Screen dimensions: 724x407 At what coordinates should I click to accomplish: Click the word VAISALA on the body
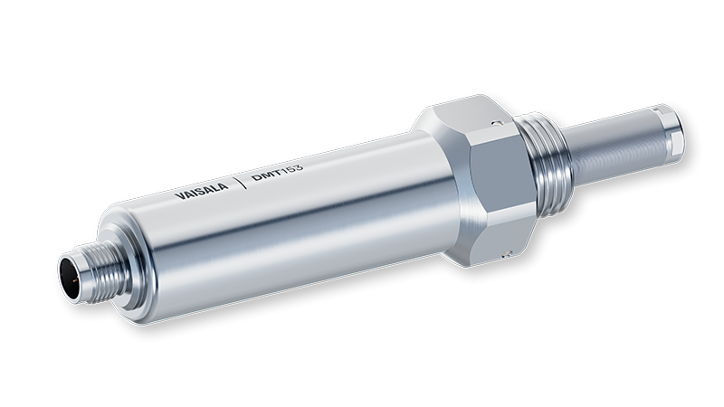click(201, 190)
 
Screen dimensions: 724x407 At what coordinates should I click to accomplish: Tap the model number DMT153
click(278, 171)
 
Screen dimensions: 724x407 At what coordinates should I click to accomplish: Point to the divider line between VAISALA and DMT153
click(241, 182)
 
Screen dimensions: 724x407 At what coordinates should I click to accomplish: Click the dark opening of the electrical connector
click(71, 277)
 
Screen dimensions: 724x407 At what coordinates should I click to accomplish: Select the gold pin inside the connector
click(74, 279)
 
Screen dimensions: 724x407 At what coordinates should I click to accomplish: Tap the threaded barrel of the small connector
click(104, 270)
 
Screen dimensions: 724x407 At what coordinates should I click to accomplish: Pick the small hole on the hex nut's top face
click(496, 123)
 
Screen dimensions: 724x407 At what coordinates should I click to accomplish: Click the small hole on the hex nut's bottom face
click(507, 253)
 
